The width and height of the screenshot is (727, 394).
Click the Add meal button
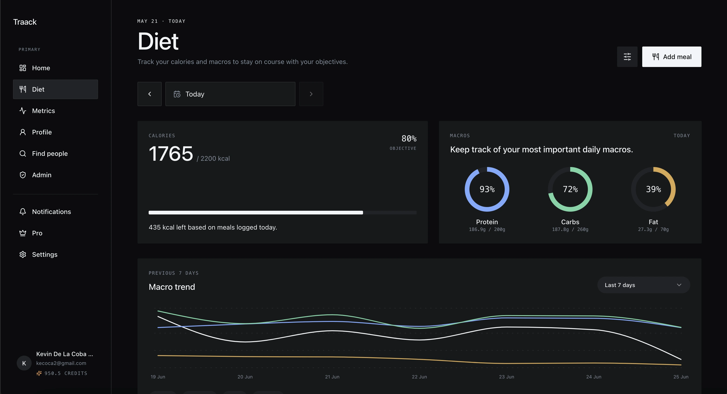click(671, 57)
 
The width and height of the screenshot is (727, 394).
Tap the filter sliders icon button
click(627, 57)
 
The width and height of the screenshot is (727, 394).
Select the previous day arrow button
click(150, 94)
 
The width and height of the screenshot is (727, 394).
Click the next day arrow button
click(311, 94)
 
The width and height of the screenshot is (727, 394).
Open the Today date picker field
click(230, 94)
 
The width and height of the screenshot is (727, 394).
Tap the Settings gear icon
click(23, 254)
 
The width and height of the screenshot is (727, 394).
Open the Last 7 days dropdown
click(643, 285)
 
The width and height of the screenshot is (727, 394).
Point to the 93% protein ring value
click(487, 189)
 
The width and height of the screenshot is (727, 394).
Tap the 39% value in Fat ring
click(654, 189)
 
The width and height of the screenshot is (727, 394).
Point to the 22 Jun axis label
click(419, 377)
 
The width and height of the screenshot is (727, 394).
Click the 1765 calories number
click(171, 154)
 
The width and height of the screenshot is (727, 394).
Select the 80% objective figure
click(409, 138)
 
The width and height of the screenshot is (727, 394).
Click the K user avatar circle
click(24, 363)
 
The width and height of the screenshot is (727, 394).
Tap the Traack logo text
click(25, 22)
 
